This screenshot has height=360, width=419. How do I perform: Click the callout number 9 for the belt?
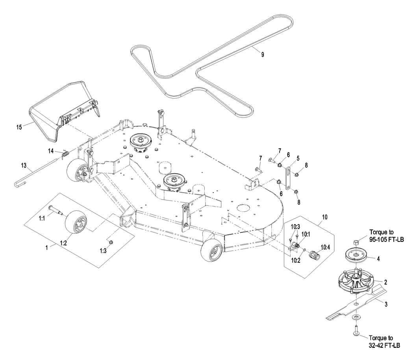click(263, 55)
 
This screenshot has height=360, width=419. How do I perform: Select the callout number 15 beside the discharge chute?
click(19, 127)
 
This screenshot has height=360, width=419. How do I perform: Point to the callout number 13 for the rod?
click(24, 166)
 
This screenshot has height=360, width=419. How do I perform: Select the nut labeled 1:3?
click(112, 242)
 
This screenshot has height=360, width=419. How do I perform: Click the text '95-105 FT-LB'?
click(386, 240)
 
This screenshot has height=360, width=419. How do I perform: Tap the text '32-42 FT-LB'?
click(384, 345)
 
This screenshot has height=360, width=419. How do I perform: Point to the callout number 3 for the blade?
click(386, 304)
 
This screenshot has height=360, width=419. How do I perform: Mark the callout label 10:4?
click(325, 247)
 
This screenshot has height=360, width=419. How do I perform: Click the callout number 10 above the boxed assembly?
click(324, 217)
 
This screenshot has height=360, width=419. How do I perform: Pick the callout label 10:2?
click(295, 260)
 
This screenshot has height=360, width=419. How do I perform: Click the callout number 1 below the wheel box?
click(47, 248)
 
